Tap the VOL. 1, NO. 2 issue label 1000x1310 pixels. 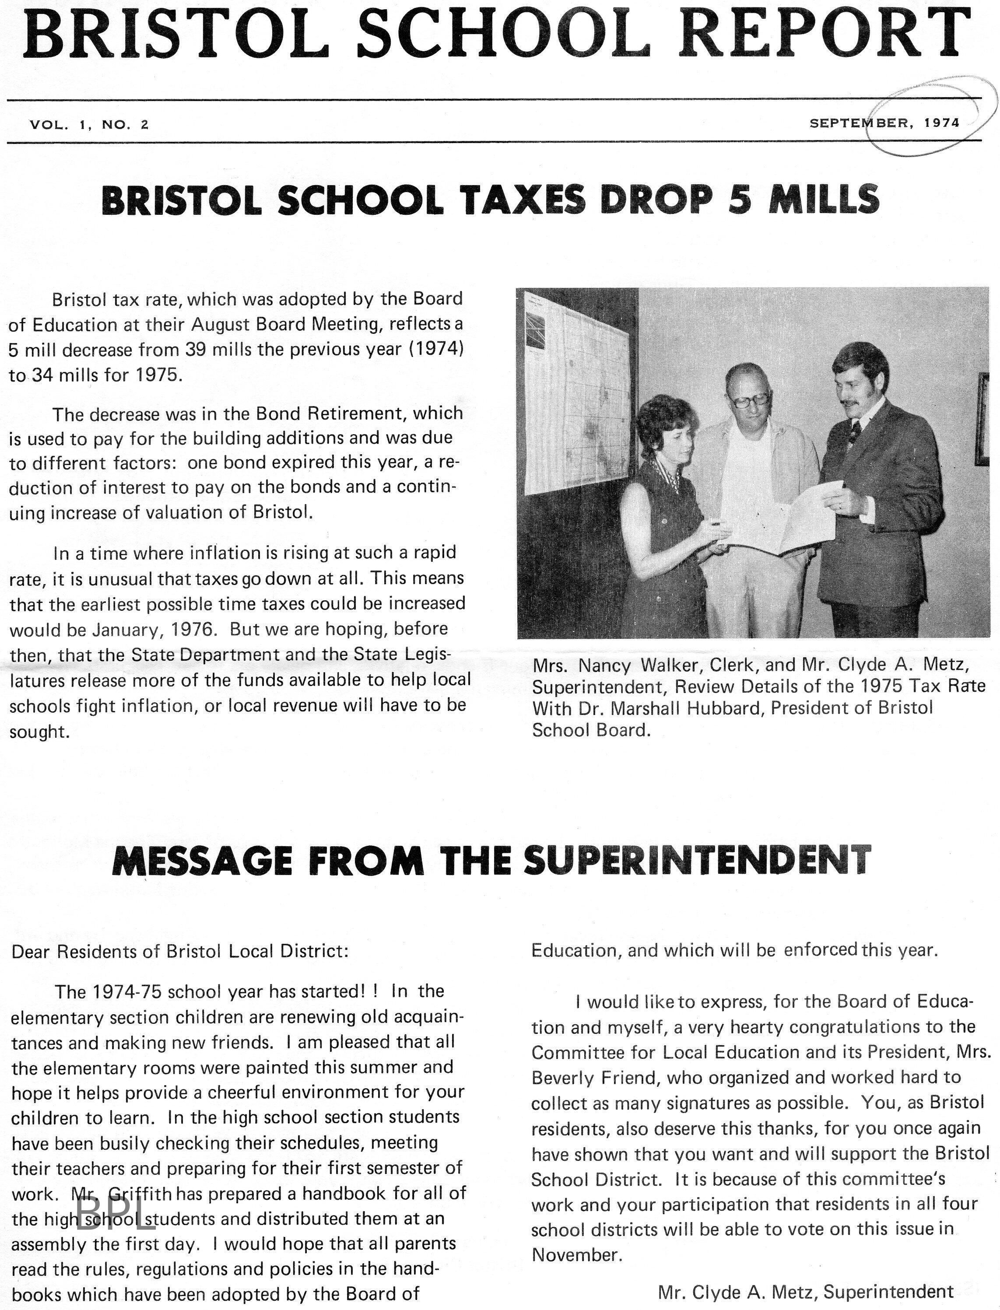pyautogui.click(x=89, y=124)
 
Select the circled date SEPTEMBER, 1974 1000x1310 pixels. pyautogui.click(x=884, y=123)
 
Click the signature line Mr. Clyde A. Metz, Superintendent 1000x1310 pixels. pyautogui.click(x=805, y=1292)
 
